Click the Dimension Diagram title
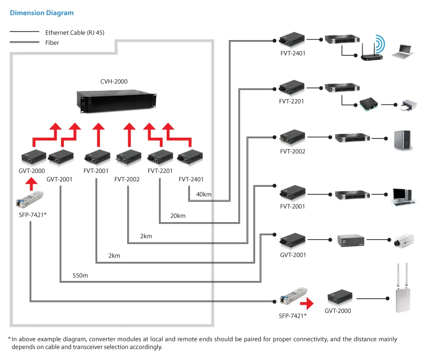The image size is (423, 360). [x=41, y=13]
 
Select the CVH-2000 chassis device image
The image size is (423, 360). [x=118, y=101]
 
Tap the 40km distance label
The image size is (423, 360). [x=204, y=194]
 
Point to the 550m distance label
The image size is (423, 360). [x=80, y=275]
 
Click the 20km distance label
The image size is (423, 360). [x=178, y=216]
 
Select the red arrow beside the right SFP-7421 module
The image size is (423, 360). [x=307, y=303]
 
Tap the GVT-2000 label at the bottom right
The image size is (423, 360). [x=338, y=311]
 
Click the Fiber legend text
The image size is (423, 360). [x=52, y=43]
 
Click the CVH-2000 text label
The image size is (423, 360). [x=114, y=82]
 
